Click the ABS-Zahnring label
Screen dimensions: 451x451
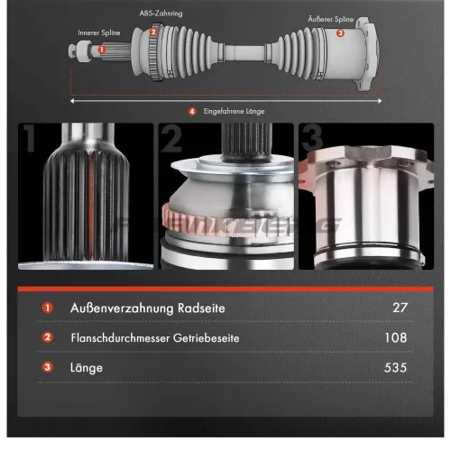[161, 14]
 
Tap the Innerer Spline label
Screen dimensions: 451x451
[99, 32]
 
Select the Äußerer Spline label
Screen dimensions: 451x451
[331, 19]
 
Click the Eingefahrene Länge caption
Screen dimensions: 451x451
[234, 111]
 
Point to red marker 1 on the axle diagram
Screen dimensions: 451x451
[102, 50]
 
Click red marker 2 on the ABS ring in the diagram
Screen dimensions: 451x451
[153, 32]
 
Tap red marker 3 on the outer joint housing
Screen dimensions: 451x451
[340, 32]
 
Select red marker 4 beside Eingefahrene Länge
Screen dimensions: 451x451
[192, 112]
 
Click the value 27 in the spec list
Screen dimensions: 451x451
[400, 308]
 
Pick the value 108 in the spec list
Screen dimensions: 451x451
[396, 337]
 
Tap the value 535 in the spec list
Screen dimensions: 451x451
[395, 367]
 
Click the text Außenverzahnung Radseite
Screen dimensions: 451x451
[148, 308]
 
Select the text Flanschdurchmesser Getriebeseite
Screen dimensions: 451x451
[155, 338]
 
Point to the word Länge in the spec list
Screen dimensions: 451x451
[87, 368]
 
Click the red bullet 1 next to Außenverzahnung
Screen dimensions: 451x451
[48, 308]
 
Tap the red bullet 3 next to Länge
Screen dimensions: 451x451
[48, 367]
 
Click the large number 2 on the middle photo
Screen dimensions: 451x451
[171, 138]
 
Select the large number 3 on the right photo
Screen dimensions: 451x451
[313, 138]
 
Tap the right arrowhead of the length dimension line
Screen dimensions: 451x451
[380, 101]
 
